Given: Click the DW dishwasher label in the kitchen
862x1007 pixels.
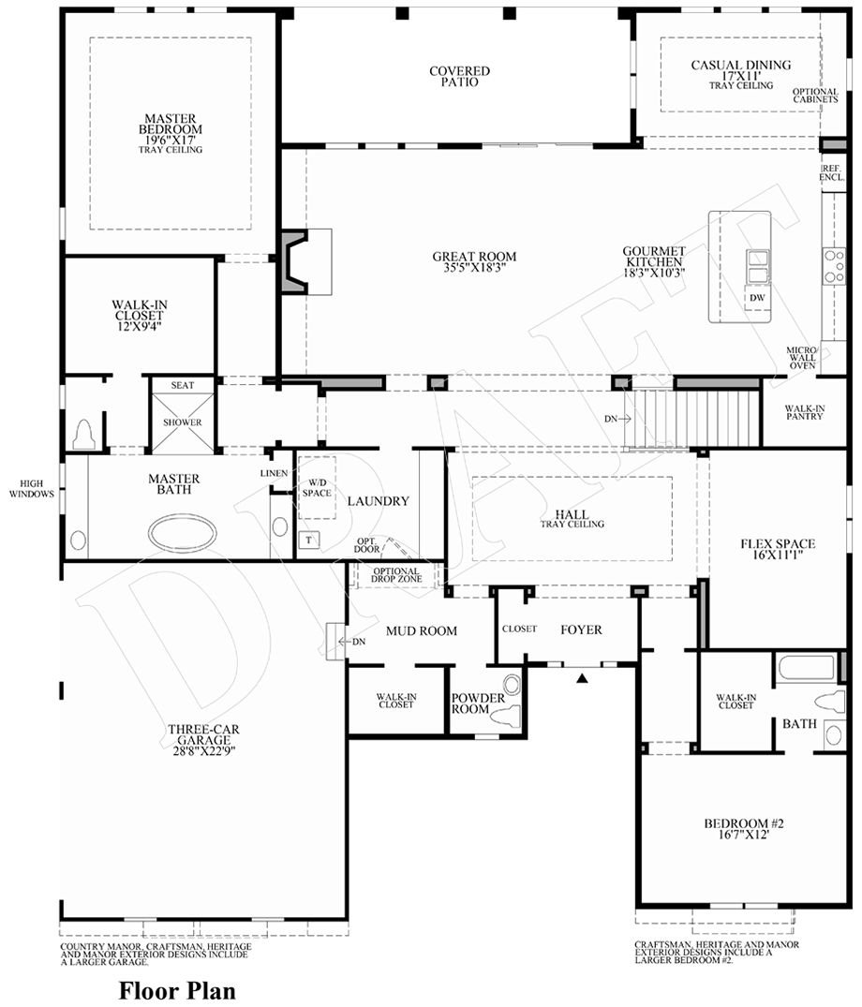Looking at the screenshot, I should coord(757,298).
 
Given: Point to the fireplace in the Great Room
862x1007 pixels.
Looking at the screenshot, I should coord(303,262).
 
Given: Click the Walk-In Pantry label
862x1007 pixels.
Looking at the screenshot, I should coord(804,411).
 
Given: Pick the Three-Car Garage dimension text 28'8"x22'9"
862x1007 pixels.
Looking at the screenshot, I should coord(201,750).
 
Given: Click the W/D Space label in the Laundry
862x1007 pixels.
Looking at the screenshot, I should coord(316,488).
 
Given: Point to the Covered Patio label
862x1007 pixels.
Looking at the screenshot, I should coord(459,76).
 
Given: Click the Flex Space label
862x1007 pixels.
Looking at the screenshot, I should coord(777,549).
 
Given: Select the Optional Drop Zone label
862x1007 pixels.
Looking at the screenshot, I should coord(396,575).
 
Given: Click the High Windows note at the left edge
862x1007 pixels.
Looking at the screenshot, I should coord(32,488).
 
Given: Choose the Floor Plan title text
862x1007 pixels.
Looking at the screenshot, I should coord(176,989).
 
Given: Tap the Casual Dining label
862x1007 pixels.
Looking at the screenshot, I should coord(740,70).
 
